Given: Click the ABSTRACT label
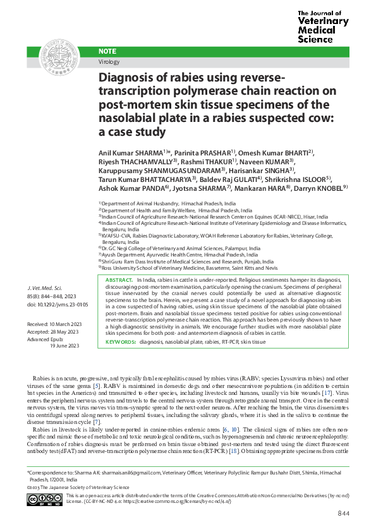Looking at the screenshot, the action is point(119,279).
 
